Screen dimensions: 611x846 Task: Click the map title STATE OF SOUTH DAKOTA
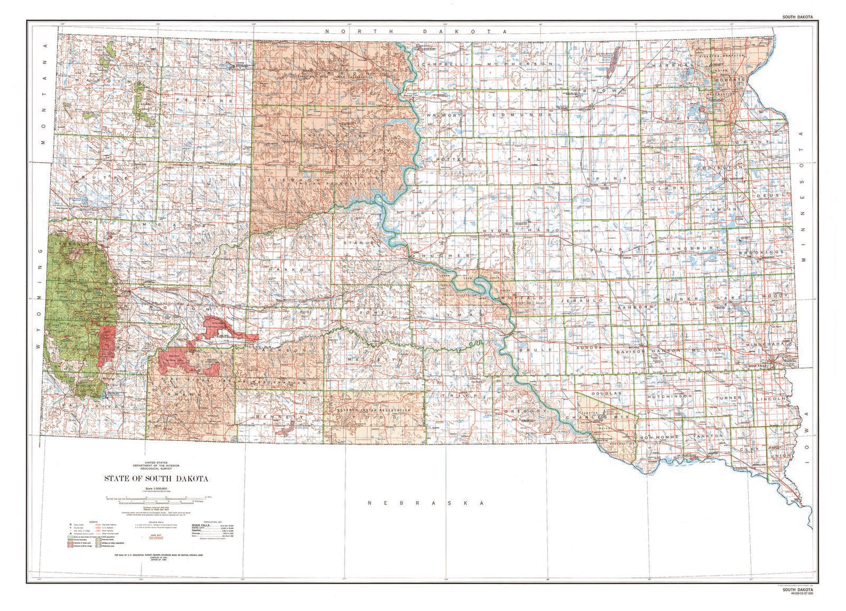pos(156,478)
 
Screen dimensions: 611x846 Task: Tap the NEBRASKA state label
pos(425,503)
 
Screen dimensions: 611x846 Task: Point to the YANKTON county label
pos(705,437)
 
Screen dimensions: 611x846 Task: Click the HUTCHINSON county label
pos(669,396)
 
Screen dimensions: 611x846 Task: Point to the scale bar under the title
pos(156,500)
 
